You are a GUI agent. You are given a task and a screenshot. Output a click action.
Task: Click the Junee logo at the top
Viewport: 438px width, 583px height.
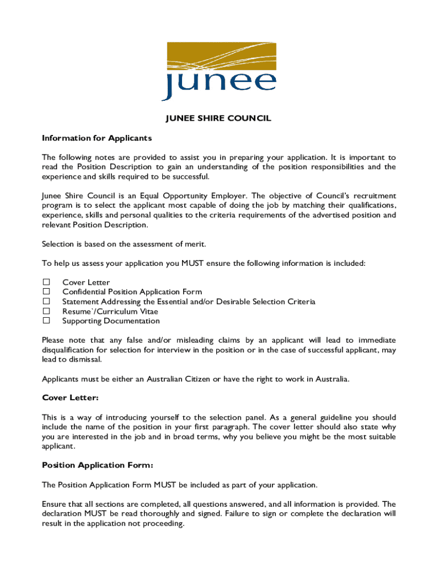(x=219, y=71)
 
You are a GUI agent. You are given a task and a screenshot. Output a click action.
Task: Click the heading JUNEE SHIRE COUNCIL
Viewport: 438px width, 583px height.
(x=218, y=118)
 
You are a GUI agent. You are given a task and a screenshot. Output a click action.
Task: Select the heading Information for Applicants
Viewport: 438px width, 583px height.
(x=97, y=138)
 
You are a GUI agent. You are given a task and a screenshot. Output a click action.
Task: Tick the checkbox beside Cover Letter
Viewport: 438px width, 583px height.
(x=47, y=282)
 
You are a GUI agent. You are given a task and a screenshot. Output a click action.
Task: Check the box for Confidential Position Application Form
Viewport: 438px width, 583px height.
(x=47, y=292)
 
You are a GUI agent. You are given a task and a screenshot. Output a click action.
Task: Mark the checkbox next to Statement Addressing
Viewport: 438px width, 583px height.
(x=47, y=302)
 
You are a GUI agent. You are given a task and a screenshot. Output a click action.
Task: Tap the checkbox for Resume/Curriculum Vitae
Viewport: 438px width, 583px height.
(x=47, y=311)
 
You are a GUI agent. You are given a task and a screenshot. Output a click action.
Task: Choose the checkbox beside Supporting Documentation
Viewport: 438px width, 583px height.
(x=47, y=321)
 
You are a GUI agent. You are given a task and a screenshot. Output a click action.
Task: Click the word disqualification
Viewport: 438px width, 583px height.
(x=71, y=350)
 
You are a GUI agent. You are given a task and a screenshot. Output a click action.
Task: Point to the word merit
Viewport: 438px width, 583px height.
(x=194, y=244)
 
